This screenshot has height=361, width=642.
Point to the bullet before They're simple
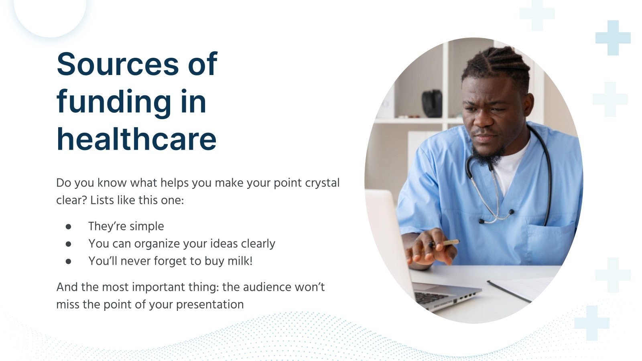click(x=69, y=227)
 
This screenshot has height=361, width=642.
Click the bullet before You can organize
click(x=69, y=244)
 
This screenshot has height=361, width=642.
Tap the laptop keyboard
click(x=431, y=298)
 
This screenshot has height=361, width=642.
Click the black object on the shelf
click(x=432, y=103)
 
